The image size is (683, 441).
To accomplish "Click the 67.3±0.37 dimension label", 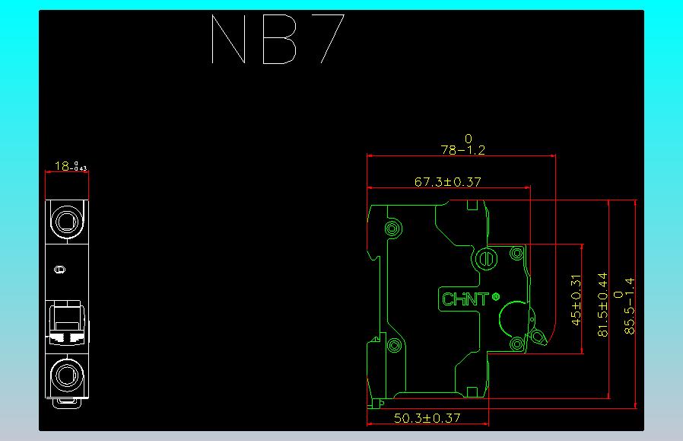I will click(448, 182).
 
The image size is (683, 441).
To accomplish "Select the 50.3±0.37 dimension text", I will click(427, 418).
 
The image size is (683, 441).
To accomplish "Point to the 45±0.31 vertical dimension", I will click(576, 299).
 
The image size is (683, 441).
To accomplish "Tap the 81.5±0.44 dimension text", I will click(603, 305).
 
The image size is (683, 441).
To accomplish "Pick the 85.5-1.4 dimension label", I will click(628, 305).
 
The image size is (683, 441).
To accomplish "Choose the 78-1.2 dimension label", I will click(462, 150).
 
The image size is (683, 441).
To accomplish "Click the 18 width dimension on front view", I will click(65, 165).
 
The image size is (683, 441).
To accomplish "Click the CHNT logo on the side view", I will click(465, 299).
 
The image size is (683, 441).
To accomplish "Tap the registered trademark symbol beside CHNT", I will click(496, 296).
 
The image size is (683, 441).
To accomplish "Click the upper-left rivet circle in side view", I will click(392, 228).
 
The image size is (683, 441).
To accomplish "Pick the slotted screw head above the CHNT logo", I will click(485, 260).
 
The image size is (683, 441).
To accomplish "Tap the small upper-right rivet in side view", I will click(516, 252).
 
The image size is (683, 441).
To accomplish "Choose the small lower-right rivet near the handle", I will click(517, 344).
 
